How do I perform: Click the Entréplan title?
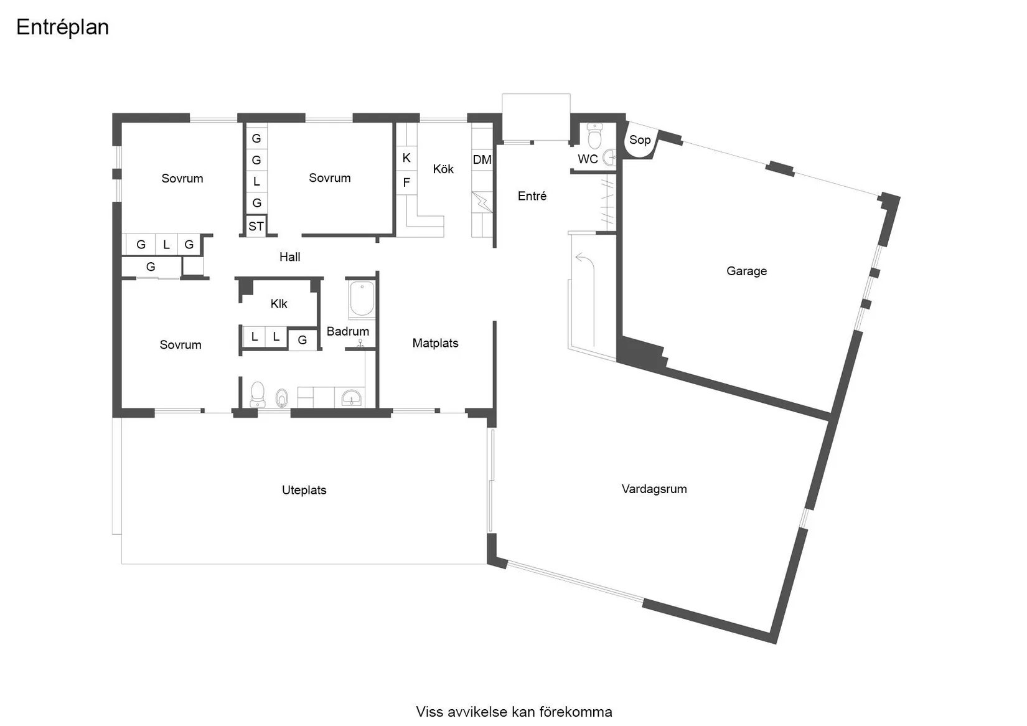(62, 27)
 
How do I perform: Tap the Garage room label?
(746, 271)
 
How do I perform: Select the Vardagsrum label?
(654, 489)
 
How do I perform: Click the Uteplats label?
(304, 490)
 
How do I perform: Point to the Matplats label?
(435, 343)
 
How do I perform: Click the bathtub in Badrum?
(361, 299)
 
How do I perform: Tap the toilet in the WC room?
(594, 136)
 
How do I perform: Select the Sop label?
(639, 140)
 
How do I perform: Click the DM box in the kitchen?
(482, 160)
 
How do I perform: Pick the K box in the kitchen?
(406, 158)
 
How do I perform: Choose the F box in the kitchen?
(406, 182)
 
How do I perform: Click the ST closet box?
(256, 227)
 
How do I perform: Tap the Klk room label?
(278, 304)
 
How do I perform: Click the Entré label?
(532, 196)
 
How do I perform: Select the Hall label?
(289, 257)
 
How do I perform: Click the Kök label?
(443, 169)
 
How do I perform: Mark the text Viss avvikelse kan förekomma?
(513, 712)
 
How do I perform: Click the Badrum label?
(347, 331)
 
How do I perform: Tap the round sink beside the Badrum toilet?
(281, 397)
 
